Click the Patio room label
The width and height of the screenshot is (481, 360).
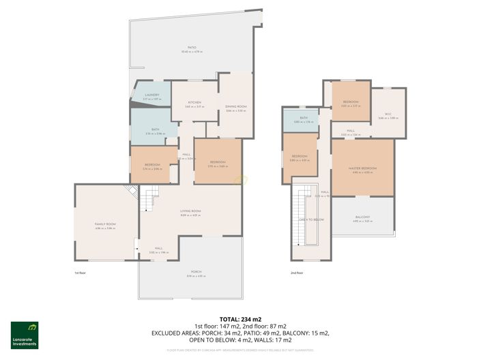pos(193,48)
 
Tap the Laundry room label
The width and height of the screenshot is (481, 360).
pos(151,95)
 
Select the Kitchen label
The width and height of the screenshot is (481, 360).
pos(194,103)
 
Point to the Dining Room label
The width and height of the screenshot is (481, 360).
pos(235,106)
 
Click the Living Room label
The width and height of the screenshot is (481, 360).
pos(190,211)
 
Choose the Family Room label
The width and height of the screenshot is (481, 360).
pos(105,224)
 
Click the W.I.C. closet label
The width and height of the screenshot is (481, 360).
pos(388,114)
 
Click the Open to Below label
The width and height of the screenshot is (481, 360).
pos(311,220)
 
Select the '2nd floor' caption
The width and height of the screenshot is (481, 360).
pos(296,273)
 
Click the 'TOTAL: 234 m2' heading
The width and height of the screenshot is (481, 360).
pos(240,319)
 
